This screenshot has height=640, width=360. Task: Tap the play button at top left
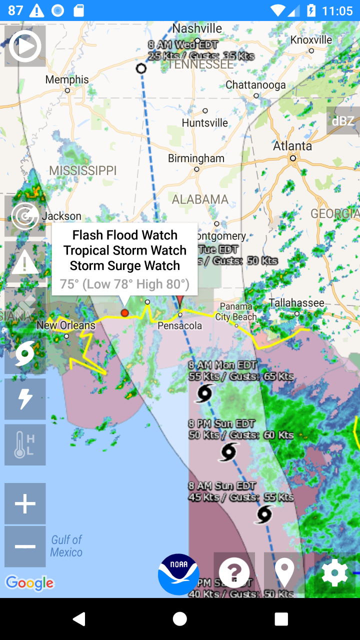coord(25,46)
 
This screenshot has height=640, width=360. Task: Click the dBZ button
coord(343,121)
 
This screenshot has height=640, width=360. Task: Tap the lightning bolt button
coord(25,399)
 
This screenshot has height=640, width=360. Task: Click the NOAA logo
coord(179,574)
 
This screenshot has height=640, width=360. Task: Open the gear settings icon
coord(334,573)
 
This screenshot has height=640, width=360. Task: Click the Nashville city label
coord(197,28)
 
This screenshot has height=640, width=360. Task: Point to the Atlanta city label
coord(292,146)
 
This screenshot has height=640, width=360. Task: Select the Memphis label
coord(67,79)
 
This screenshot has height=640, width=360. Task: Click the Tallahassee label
coord(296,303)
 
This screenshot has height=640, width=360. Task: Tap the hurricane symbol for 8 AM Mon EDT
coord(204,393)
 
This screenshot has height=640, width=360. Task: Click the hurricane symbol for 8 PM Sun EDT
coord(228,452)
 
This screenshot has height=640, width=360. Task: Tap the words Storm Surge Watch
coord(125,265)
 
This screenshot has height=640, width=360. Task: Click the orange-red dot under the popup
coord(124,313)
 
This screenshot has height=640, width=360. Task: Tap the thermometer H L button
coord(25,445)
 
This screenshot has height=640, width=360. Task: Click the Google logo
coord(29,583)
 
